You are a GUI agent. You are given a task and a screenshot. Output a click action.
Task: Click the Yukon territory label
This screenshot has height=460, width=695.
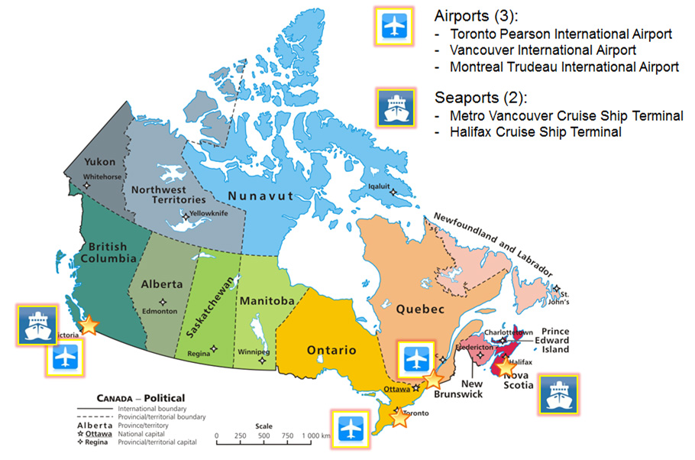pyautogui.click(x=99, y=162)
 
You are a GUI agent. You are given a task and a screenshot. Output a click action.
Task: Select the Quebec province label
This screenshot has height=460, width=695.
pyautogui.click(x=419, y=309)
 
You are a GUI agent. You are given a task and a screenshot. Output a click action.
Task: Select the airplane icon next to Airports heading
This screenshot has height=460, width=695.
pyautogui.click(x=394, y=27)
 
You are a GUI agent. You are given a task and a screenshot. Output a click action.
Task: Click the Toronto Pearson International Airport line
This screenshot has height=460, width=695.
pyautogui.click(x=561, y=34)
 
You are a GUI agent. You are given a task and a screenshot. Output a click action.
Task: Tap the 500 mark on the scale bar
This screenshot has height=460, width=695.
pyautogui.click(x=263, y=436)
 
